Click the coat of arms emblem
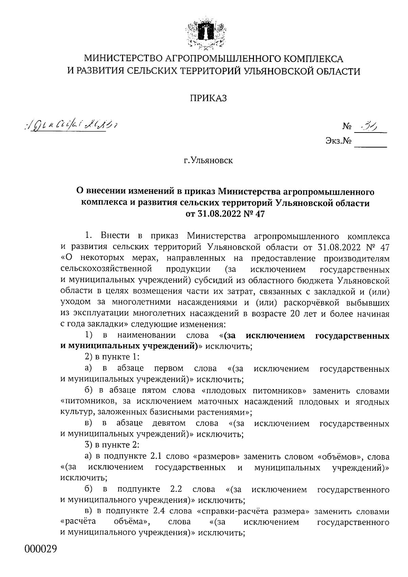pos(204,34)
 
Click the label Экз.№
pos(338,140)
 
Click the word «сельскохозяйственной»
pos(106,269)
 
